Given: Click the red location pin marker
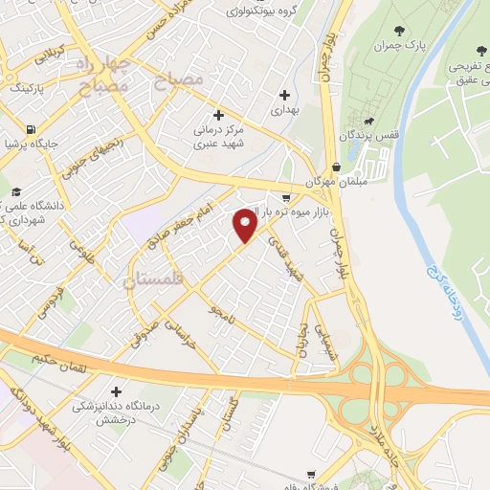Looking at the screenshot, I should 245,224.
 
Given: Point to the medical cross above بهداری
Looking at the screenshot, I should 284,95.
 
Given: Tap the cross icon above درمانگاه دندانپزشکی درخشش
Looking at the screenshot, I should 117,391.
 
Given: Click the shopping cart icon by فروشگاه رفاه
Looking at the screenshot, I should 311,474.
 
